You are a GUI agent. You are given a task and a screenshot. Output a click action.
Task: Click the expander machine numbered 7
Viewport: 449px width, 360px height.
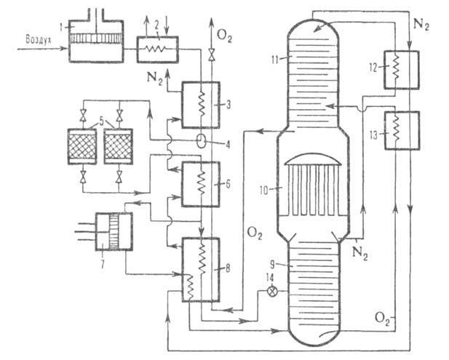(114, 231)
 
